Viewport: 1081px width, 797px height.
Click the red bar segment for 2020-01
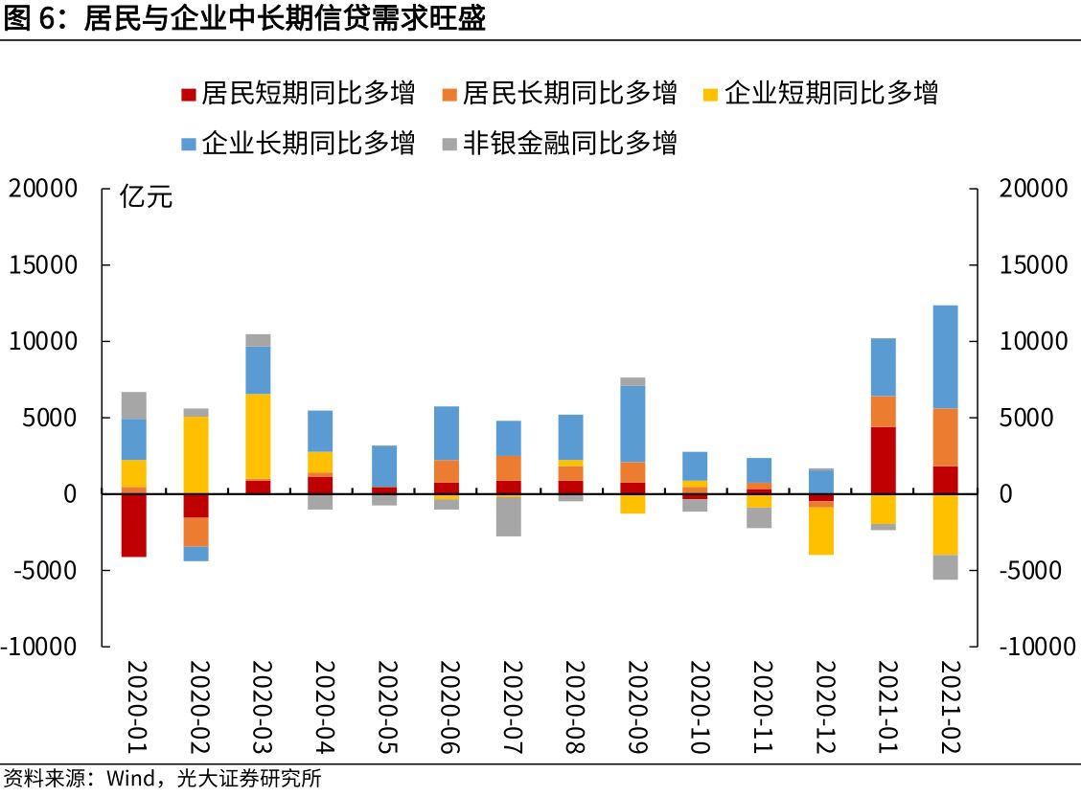point(134,525)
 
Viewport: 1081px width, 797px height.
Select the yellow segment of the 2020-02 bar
point(196,454)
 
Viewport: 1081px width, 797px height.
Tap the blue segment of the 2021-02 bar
point(945,356)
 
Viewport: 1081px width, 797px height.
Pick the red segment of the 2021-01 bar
point(883,460)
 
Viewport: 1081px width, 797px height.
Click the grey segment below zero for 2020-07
point(509,517)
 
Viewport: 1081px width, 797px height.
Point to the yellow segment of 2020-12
point(820,530)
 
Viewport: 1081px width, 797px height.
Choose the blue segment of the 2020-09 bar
point(633,423)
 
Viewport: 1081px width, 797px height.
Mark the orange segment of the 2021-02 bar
point(945,437)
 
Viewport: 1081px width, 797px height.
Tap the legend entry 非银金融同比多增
point(569,144)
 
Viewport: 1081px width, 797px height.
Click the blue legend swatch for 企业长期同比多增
point(189,145)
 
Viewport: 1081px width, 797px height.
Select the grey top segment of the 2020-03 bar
point(259,340)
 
